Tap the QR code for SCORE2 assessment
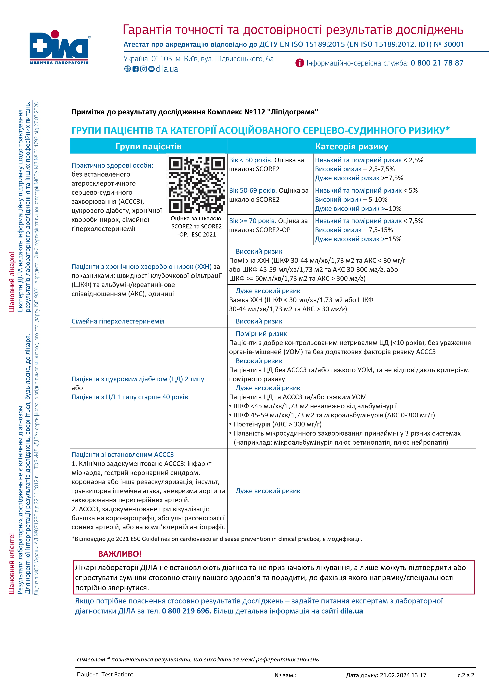197,184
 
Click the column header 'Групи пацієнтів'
148,147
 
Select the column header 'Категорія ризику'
351,147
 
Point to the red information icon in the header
300,63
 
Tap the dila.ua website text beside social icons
167,69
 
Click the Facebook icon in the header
135,69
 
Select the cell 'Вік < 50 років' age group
251,160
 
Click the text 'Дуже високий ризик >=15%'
358,239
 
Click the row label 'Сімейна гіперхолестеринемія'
118,321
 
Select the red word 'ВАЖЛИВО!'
120,554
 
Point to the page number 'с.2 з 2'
466,675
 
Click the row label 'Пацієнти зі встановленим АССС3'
123,454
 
